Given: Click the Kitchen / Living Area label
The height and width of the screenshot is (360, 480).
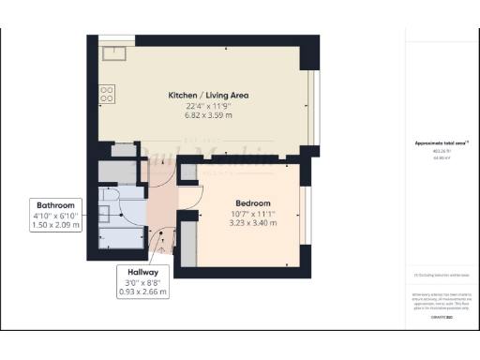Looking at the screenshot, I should pos(207,96).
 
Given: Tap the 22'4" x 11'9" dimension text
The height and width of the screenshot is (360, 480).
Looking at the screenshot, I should pos(207,106).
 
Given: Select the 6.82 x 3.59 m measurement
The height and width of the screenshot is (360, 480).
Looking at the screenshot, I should pos(207,115).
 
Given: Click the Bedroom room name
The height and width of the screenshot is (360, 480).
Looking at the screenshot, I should pos(252,203).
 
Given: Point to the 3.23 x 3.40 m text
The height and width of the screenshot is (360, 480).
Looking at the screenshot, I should pos(252,223).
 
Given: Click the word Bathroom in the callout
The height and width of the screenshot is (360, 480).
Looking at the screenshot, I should pos(56,204).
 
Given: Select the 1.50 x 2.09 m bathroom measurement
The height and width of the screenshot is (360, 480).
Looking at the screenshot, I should pos(56,225).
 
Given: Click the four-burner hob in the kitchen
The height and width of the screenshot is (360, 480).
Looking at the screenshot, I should pos(107,94).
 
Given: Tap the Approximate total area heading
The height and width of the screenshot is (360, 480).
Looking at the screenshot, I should pos(441,142).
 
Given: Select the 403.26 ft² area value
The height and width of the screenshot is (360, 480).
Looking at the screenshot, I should pos(441,151).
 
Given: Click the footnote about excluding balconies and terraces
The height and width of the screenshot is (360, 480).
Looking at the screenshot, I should pos(441,275).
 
